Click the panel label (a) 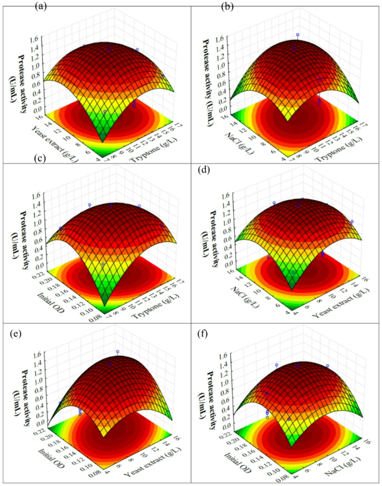click(56, 7)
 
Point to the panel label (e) click(17, 333)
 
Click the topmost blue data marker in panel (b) click(298, 35)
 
